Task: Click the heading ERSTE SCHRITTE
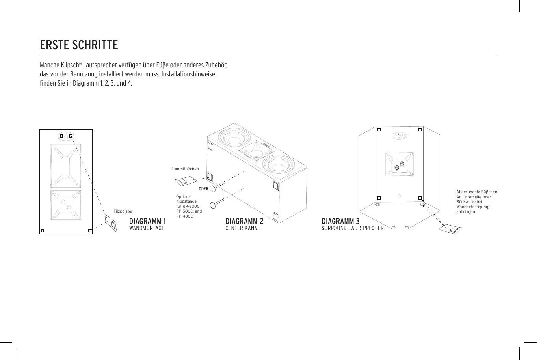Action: coord(79,45)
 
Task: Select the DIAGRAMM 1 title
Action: coord(147,221)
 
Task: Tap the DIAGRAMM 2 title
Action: coord(244,221)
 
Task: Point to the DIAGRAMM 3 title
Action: coord(340,221)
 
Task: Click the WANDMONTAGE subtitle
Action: coord(147,228)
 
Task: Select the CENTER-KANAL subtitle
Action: coord(242,228)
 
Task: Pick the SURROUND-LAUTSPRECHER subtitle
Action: coord(352,228)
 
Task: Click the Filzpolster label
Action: coord(123,211)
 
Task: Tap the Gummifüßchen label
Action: coord(184,169)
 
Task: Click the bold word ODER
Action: coord(203,189)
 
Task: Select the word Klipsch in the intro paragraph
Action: coord(70,65)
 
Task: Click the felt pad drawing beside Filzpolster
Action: coord(111,223)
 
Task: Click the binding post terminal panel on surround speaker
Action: coord(399,164)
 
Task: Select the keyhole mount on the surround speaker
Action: coord(398,136)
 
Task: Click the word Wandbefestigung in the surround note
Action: coord(472,207)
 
